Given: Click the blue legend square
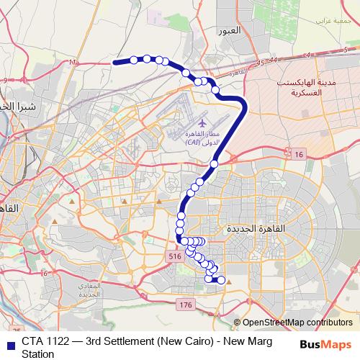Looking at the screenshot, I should [x=9, y=343].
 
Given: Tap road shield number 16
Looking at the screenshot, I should [x=300, y=154].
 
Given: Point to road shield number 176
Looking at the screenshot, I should [x=186, y=305].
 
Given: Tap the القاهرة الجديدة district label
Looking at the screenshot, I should [x=256, y=228].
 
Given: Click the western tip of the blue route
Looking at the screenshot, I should [x=114, y=63].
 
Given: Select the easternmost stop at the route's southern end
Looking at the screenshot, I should [x=221, y=280].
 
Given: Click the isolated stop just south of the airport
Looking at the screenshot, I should [x=213, y=165].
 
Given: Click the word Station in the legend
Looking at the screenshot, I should [x=37, y=354].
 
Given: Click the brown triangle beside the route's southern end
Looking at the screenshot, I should [x=229, y=283].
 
